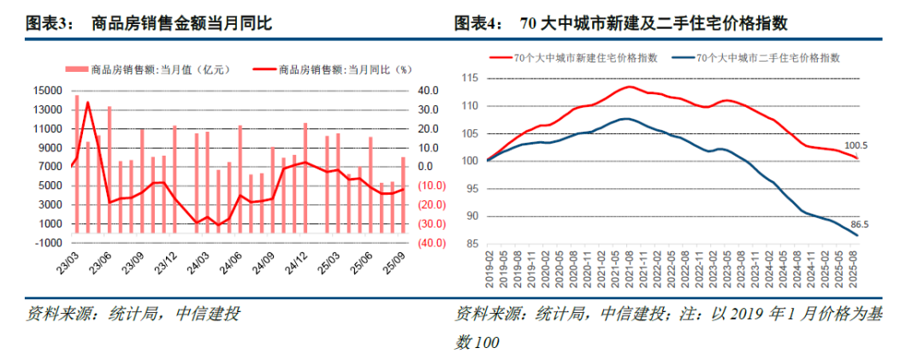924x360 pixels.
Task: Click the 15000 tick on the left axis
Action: coord(47,91)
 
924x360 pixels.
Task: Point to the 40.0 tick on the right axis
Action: coord(428,91)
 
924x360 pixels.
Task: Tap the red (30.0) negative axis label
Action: coord(428,224)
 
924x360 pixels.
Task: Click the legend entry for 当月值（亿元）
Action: coord(149,70)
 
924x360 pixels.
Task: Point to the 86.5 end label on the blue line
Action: coord(857,224)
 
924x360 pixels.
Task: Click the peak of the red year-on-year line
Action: coord(86,102)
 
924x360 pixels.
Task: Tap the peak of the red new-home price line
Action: coord(629,86)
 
